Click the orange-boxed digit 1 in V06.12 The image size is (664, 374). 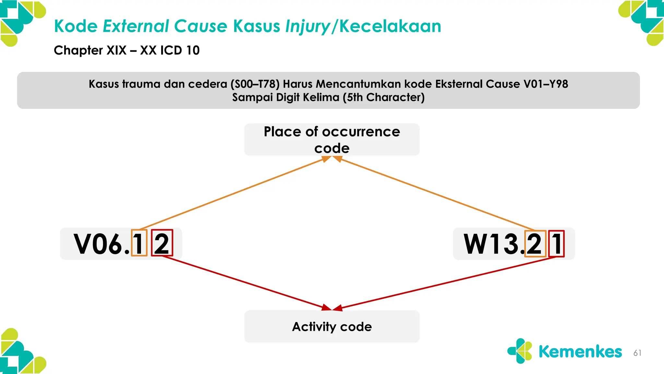(139, 243)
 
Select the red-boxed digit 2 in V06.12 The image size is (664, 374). (162, 243)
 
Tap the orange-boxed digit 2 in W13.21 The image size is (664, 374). (535, 244)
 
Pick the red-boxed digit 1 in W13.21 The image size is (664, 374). (556, 244)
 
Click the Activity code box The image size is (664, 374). (332, 327)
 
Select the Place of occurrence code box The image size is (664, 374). (332, 140)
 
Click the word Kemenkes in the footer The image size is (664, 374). (580, 352)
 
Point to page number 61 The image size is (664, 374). (637, 353)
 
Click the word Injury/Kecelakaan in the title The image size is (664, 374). (363, 26)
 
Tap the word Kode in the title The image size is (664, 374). (76, 26)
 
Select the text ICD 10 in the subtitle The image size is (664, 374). (180, 50)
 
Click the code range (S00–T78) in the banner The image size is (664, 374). (255, 84)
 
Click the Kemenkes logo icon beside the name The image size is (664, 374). (520, 351)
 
